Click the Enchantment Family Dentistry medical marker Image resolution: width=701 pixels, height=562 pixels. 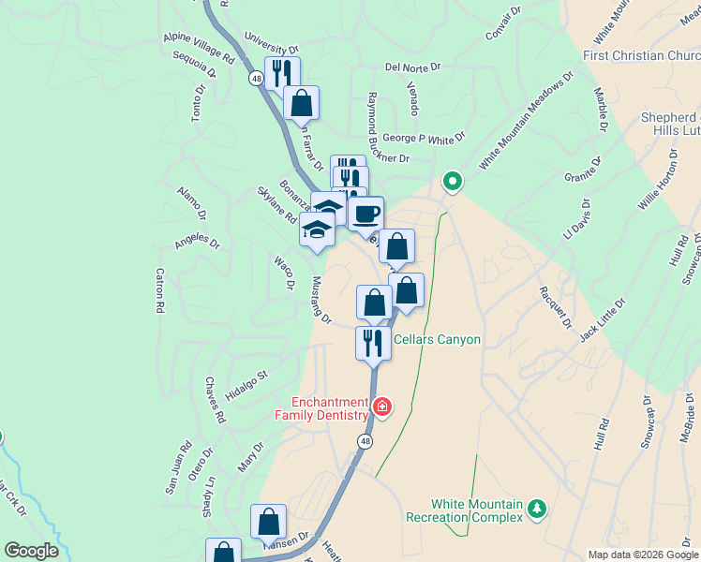381,407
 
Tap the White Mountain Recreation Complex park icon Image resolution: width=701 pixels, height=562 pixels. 536,509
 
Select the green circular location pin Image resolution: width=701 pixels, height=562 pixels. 452,181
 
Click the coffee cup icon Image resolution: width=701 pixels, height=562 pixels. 365,213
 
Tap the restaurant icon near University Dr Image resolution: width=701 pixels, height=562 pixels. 281,72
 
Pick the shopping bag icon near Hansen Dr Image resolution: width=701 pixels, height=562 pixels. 268,522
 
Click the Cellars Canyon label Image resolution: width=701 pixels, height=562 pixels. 437,340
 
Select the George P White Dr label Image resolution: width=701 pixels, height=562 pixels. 424,138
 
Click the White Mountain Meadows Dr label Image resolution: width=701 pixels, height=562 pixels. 525,123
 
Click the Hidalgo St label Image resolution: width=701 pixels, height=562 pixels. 247,387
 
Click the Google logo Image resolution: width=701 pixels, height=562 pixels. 31,551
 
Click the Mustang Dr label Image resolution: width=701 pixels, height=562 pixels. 321,300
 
